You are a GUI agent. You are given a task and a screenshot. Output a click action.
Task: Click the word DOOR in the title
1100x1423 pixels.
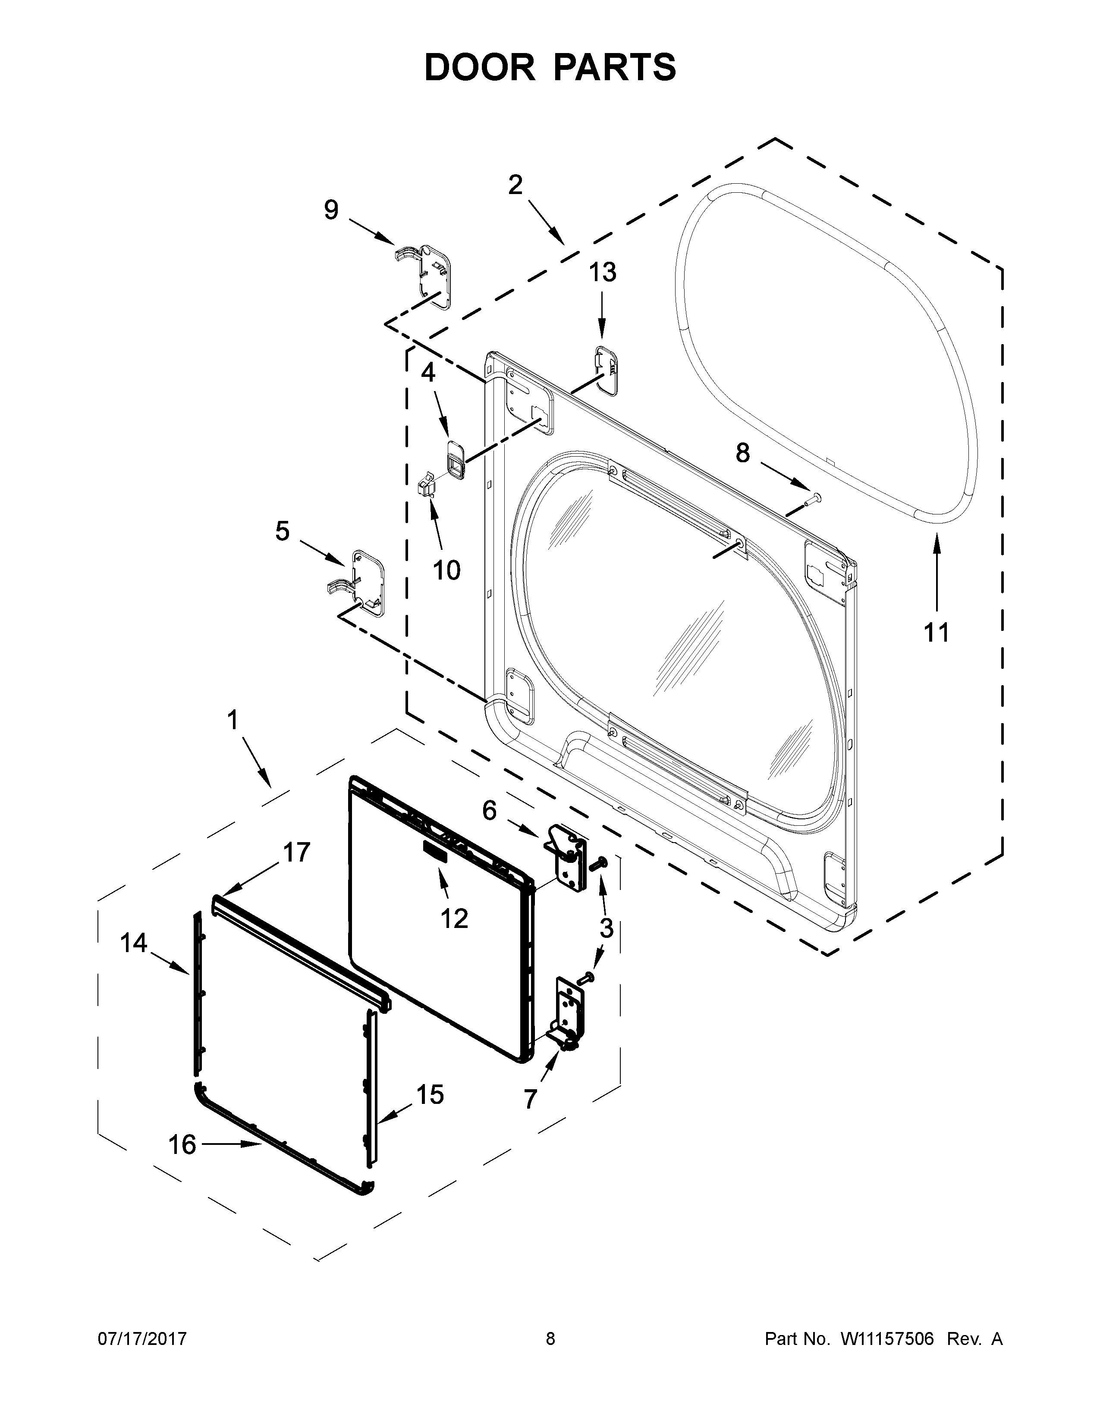(x=479, y=67)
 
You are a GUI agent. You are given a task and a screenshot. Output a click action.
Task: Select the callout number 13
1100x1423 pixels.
(x=603, y=273)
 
